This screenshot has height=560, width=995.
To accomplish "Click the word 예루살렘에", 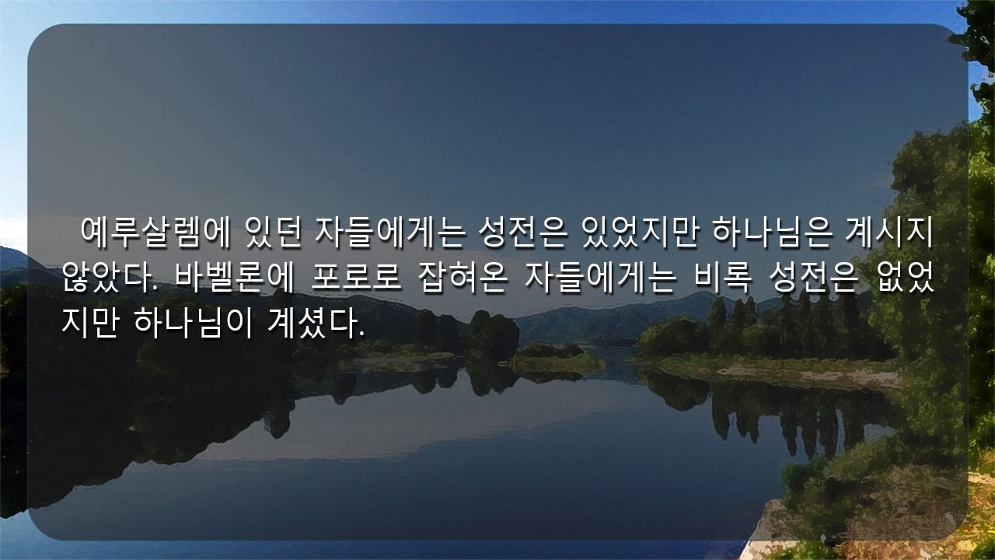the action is (x=155, y=233).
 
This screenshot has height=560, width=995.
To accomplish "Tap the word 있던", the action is (x=273, y=233).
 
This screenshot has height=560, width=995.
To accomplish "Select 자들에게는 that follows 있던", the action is (x=390, y=233).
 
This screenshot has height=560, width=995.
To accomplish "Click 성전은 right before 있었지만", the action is (x=523, y=233).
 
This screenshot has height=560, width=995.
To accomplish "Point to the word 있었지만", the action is (x=640, y=233).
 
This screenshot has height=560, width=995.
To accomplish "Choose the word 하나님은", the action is (x=772, y=233).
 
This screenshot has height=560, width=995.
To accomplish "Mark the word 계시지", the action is (x=889, y=233).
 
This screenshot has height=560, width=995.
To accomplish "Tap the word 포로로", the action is (x=356, y=278).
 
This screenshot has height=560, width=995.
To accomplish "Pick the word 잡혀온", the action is (x=463, y=278).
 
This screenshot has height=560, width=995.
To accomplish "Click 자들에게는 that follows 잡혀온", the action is (x=600, y=278).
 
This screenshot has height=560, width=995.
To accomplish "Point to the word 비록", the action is (x=723, y=278).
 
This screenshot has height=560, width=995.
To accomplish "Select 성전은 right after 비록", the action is (x=814, y=278).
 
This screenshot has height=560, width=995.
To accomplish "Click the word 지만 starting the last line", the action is (x=90, y=323).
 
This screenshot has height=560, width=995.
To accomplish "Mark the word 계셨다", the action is (x=312, y=323).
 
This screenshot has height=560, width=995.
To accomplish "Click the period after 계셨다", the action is (x=361, y=334).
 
